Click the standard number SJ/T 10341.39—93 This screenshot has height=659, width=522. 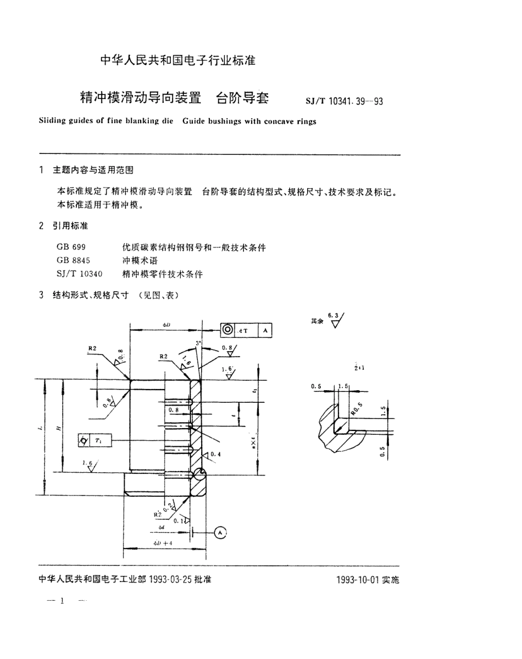pyautogui.click(x=344, y=101)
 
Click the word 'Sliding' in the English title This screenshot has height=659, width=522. pyautogui.click(x=53, y=121)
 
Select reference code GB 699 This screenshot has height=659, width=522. pyautogui.click(x=71, y=248)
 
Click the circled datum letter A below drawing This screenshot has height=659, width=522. pyautogui.click(x=219, y=531)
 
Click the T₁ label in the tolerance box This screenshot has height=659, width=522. pyautogui.click(x=99, y=441)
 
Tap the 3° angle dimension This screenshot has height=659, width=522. pyautogui.click(x=199, y=344)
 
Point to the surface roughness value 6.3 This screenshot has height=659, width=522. pyautogui.click(x=333, y=314)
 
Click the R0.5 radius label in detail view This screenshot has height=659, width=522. pyautogui.click(x=357, y=408)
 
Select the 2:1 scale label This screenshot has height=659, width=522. pyautogui.click(x=359, y=367)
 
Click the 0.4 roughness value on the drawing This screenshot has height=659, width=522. pyautogui.click(x=215, y=454)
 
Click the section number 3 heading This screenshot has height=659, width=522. pyautogui.click(x=41, y=295)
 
